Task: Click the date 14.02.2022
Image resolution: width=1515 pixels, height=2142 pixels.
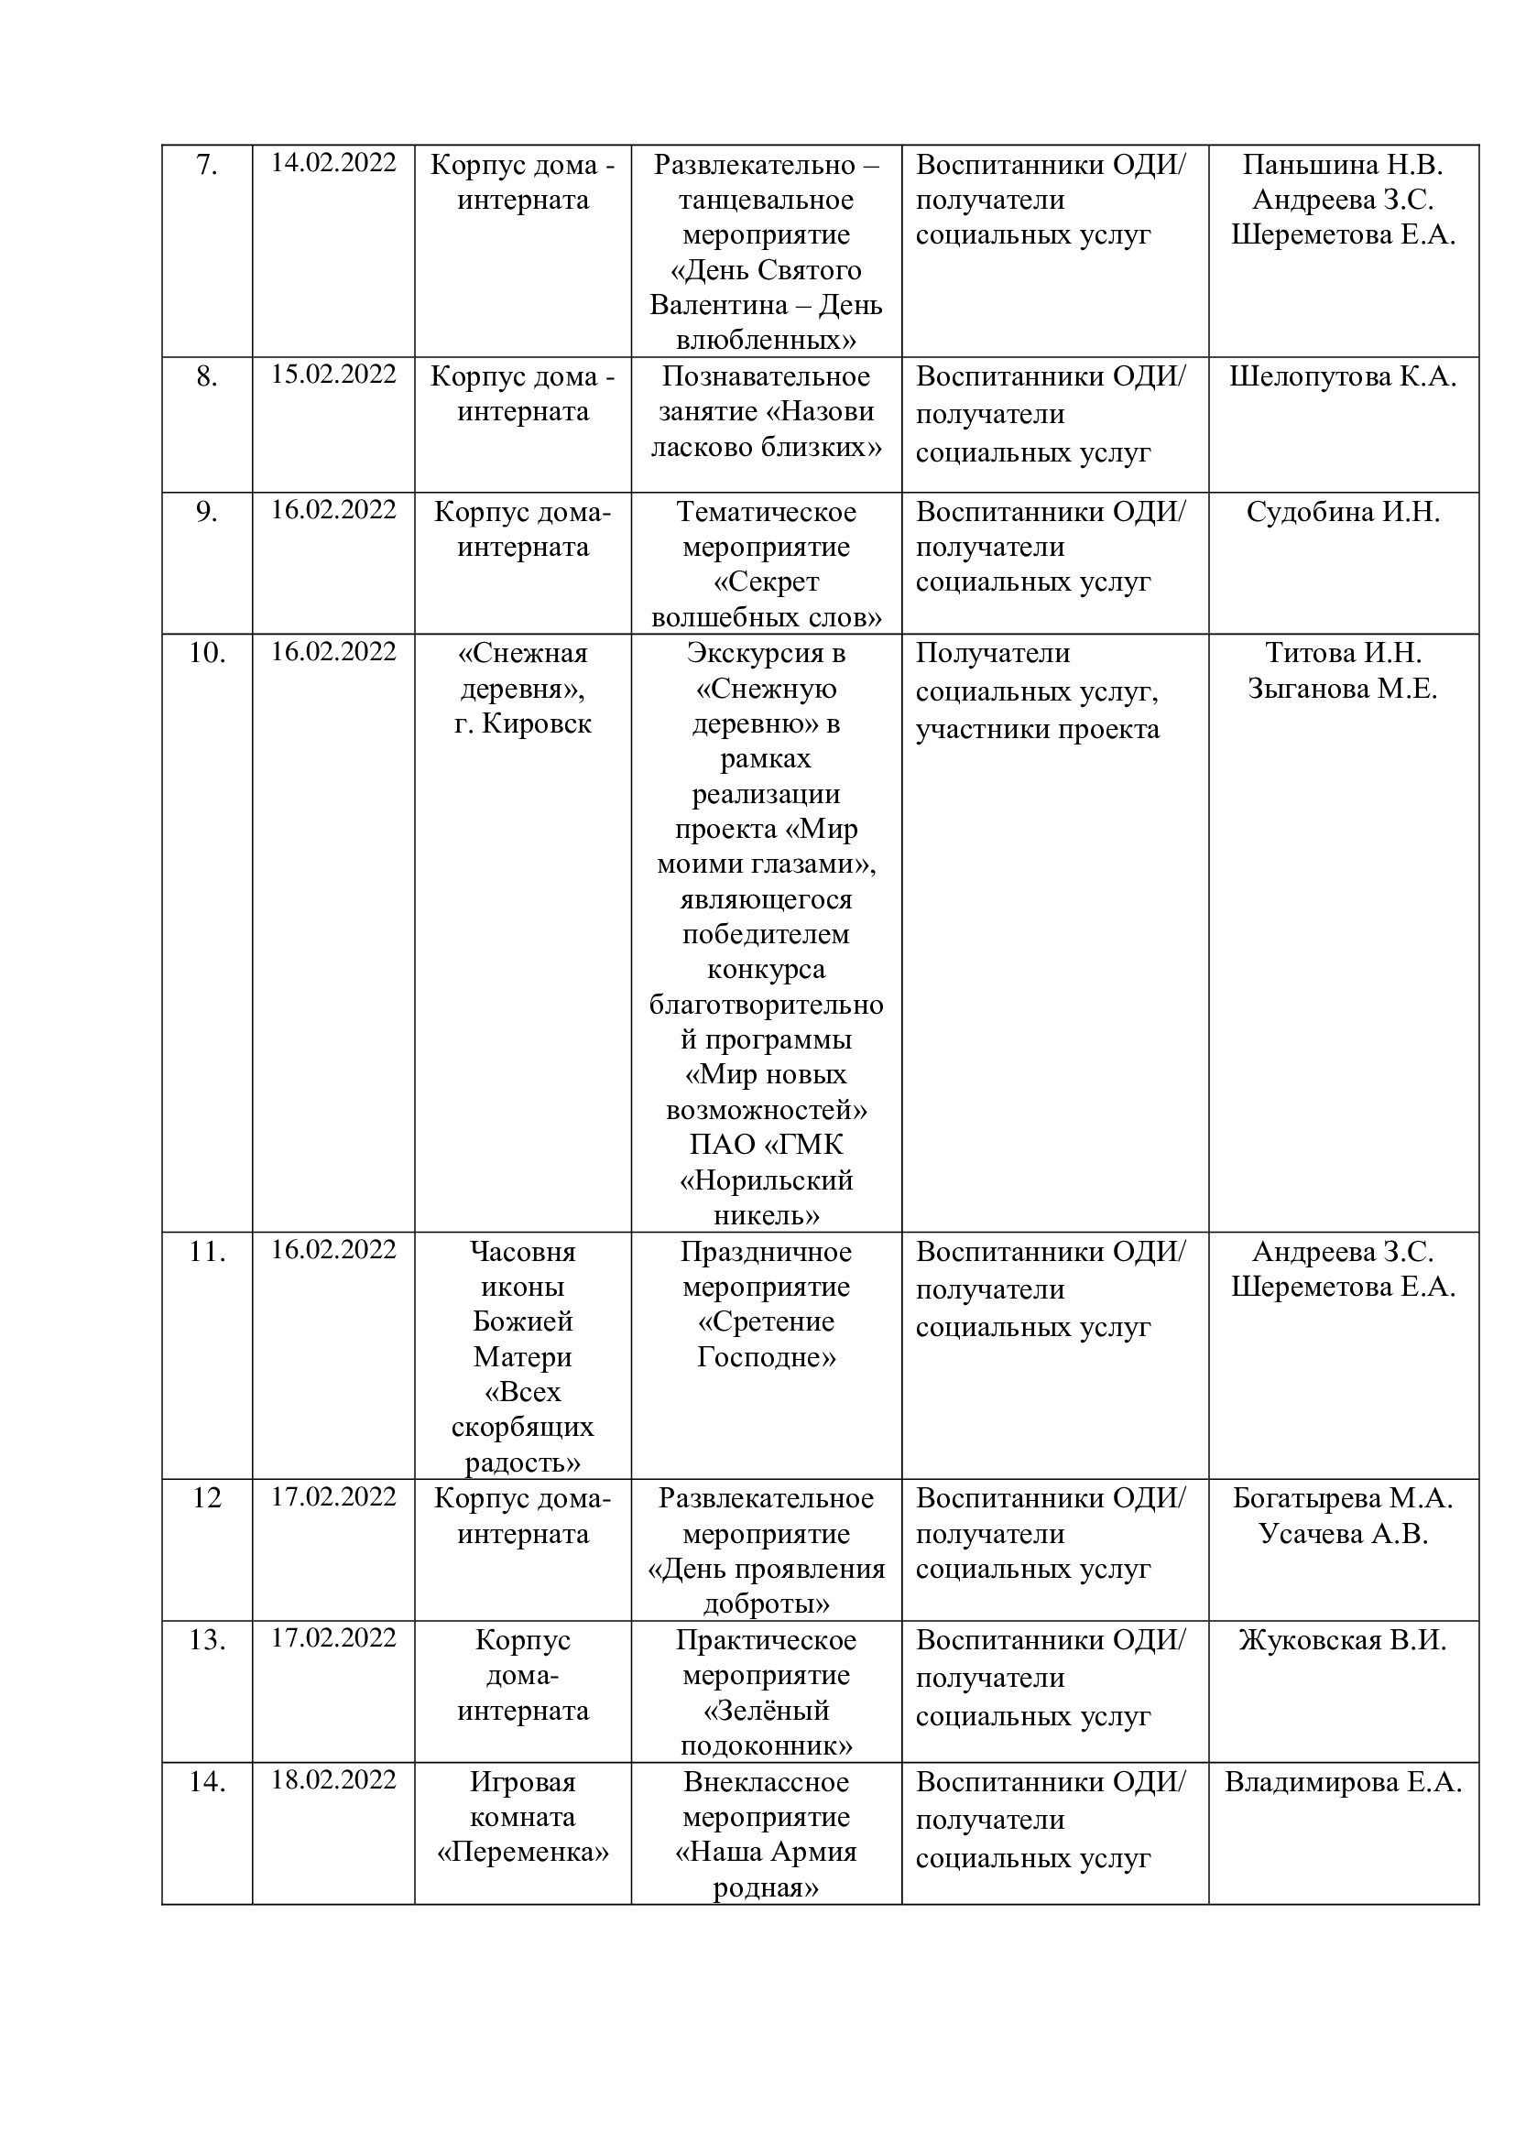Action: click(x=333, y=162)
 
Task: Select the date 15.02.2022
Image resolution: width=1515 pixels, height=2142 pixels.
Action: click(x=333, y=375)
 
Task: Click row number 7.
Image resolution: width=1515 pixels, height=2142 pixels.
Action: click(x=206, y=165)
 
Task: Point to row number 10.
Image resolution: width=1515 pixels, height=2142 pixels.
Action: click(x=206, y=653)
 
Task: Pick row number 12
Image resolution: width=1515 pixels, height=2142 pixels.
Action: click(x=206, y=1497)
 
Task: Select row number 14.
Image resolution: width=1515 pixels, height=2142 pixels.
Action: click(x=206, y=1782)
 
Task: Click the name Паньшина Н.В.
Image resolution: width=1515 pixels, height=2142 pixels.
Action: click(x=1343, y=165)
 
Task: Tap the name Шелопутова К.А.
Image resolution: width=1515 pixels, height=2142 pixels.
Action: click(x=1343, y=377)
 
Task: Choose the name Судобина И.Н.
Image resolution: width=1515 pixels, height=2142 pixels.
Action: click(x=1343, y=512)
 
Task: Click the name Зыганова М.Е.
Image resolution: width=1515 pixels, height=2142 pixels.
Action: click(x=1343, y=689)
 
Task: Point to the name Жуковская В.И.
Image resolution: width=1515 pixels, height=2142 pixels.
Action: click(x=1343, y=1640)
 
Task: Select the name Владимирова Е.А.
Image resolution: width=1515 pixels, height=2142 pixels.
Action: click(x=1343, y=1782)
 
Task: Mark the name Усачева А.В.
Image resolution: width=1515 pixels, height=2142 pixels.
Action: click(x=1343, y=1534)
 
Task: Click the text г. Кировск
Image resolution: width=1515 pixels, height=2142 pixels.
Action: click(x=522, y=724)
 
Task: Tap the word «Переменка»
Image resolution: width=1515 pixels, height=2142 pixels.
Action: click(x=522, y=1852)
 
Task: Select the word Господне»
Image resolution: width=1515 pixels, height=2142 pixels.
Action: click(x=766, y=1357)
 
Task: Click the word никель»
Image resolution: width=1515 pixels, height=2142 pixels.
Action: click(x=766, y=1215)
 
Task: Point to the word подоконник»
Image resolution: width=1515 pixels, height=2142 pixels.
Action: click(x=766, y=1745)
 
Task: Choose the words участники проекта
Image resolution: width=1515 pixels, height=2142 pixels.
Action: click(x=1037, y=730)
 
